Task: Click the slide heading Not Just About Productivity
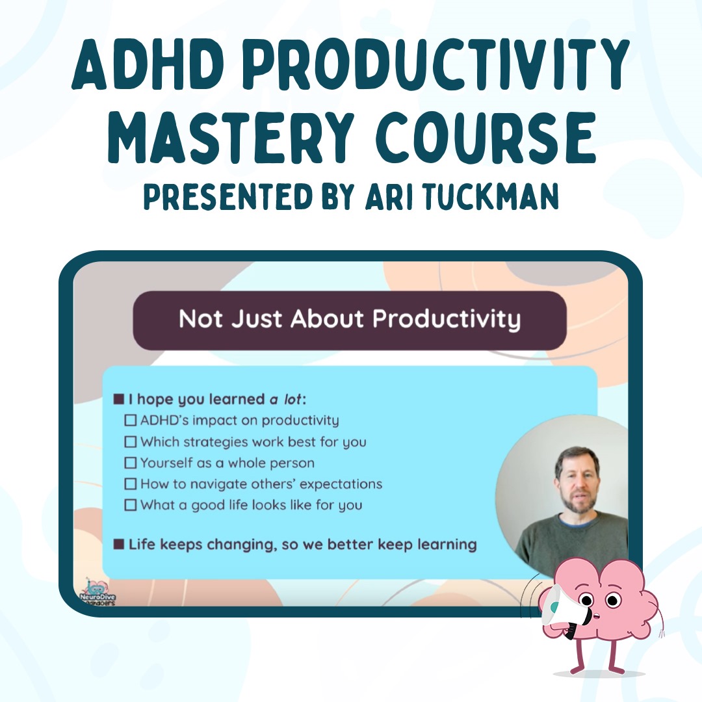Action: click(x=350, y=319)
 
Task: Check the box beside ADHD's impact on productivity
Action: click(x=130, y=420)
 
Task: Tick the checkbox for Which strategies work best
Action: click(x=130, y=441)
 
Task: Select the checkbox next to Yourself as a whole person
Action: click(x=130, y=463)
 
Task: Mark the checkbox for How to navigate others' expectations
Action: click(x=130, y=484)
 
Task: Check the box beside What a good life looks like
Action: click(x=130, y=504)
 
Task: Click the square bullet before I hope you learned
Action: click(x=119, y=399)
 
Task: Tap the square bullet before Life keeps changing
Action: click(x=119, y=545)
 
